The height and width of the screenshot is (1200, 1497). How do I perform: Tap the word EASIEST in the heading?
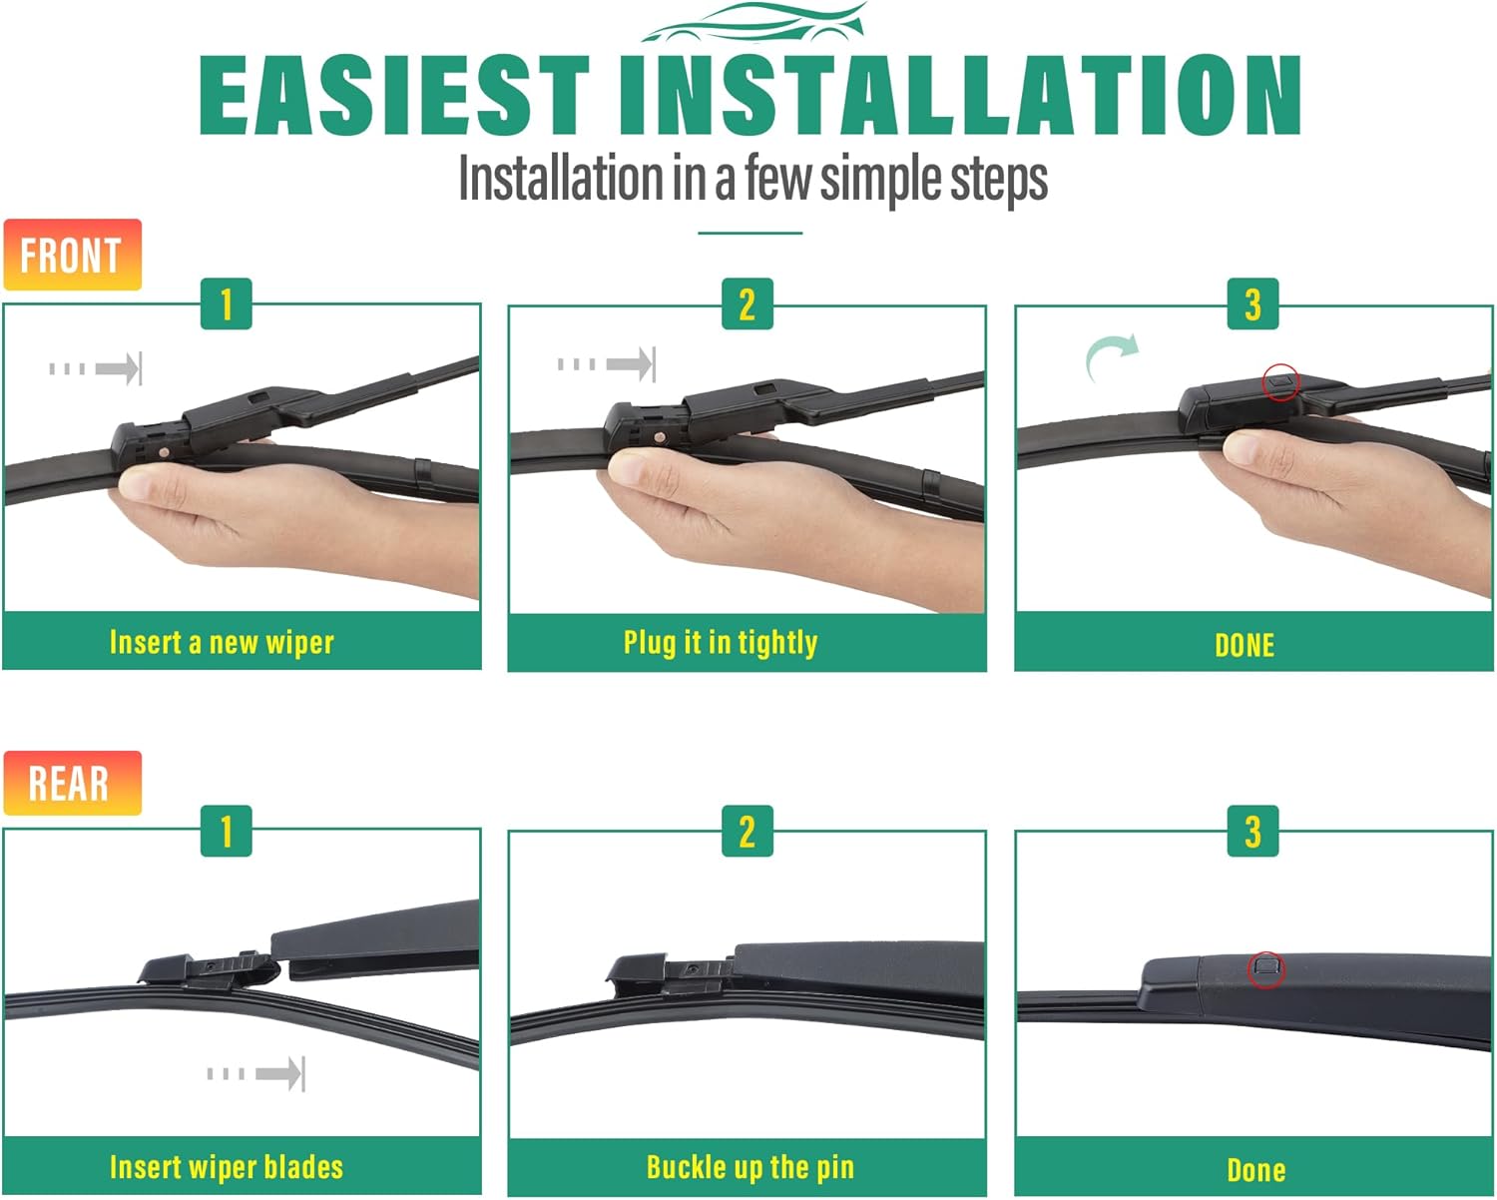tap(394, 95)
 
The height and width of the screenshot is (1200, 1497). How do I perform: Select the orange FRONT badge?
tap(72, 254)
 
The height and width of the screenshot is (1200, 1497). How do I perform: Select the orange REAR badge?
tap(72, 783)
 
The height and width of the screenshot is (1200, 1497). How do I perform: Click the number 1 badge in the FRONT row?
tap(227, 303)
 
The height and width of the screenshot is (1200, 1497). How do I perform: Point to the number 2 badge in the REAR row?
tap(748, 831)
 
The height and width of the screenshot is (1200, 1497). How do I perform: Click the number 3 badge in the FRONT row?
tap(1252, 303)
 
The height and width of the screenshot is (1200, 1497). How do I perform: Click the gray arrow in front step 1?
tap(95, 368)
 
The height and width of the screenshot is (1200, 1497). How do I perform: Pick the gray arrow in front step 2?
tap(606, 364)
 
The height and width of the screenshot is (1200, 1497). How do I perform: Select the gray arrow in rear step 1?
tap(256, 1073)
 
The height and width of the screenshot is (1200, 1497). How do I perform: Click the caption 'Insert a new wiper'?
tap(222, 642)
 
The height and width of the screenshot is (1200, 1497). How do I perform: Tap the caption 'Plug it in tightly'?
tap(721, 643)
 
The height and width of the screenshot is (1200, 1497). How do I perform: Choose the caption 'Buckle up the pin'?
tap(749, 1167)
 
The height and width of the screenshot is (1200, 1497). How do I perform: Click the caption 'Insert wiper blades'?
tap(227, 1167)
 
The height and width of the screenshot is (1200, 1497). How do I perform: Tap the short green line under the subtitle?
tap(749, 233)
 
